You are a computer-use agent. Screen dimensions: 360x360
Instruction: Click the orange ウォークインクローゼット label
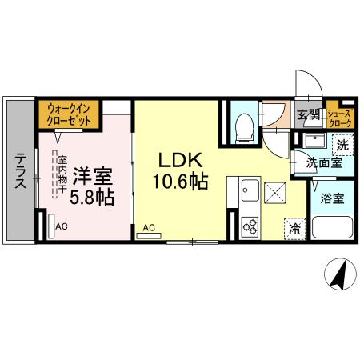(68, 113)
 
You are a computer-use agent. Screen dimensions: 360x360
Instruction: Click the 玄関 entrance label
(308, 114)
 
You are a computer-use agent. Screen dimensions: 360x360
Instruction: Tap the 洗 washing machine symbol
(342, 145)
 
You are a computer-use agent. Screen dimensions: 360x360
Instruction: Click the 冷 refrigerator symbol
(295, 227)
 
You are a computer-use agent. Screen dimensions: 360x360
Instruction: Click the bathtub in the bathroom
(330, 226)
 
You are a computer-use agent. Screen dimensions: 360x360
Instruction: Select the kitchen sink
(246, 192)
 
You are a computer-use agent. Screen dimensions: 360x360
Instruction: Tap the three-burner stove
(249, 226)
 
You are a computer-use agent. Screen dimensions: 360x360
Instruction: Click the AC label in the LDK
(149, 227)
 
